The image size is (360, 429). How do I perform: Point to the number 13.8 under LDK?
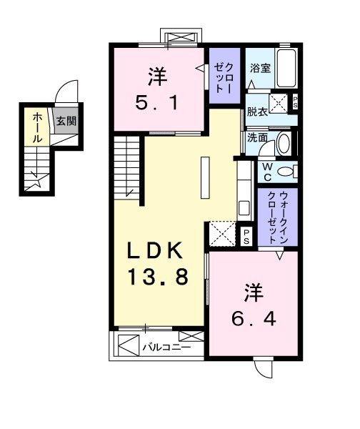158,275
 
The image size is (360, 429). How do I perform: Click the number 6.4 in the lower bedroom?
252,315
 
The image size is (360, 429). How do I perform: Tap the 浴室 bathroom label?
259,69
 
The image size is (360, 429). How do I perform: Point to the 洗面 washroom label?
257,137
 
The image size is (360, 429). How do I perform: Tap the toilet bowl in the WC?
285,171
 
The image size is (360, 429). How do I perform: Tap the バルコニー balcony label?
165,348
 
